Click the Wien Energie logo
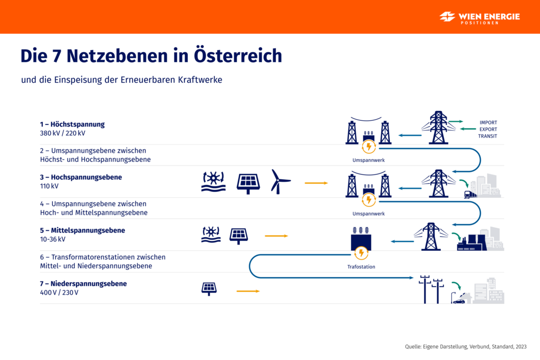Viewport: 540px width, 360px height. [479, 17]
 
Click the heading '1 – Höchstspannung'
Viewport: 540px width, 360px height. [72, 124]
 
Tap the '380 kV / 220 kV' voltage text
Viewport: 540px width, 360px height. [62, 133]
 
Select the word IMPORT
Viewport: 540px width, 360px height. [488, 123]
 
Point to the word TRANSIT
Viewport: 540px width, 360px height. [488, 137]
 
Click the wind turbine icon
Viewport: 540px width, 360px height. [280, 181]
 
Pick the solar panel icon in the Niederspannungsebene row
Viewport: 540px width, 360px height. [209, 288]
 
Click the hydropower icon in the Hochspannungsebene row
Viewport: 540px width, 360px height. [213, 181]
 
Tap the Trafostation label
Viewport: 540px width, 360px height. [361, 267]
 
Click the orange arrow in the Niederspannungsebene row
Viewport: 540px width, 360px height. [248, 290]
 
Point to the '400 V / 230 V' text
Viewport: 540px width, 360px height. [59, 293]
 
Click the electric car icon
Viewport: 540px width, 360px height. [459, 300]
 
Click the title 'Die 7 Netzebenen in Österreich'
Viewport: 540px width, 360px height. [151, 55]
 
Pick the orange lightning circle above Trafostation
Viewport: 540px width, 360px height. [361, 254]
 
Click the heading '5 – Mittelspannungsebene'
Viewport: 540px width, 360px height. [82, 230]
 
